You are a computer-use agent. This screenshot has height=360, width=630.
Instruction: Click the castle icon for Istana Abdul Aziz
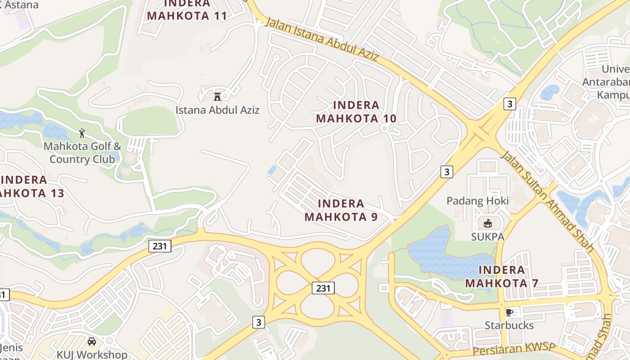pyautogui.click(x=217, y=96)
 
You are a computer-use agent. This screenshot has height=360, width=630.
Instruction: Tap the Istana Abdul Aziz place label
pyautogui.click(x=217, y=110)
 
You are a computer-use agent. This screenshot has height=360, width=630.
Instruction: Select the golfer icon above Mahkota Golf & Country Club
pyautogui.click(x=82, y=133)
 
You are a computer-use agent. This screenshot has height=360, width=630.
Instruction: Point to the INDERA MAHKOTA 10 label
pyautogui.click(x=356, y=112)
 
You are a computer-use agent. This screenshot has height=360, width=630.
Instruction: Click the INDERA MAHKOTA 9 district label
pyautogui.click(x=341, y=210)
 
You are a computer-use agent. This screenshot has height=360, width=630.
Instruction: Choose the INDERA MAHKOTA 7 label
pyautogui.click(x=502, y=276)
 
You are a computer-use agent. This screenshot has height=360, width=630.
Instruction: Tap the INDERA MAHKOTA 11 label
pyautogui.click(x=187, y=10)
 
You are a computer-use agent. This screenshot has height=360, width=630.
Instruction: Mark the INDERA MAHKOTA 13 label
pyautogui.click(x=30, y=187)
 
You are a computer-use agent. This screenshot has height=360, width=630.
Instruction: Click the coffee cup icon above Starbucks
pyautogui.click(x=509, y=312)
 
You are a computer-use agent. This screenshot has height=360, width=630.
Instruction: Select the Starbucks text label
pyautogui.click(x=509, y=325)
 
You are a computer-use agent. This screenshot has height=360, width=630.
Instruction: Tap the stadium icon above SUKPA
pyautogui.click(x=487, y=223)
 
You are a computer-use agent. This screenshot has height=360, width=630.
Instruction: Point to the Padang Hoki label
pyautogui.click(x=477, y=201)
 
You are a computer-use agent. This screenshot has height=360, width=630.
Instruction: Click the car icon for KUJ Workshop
pyautogui.click(x=92, y=342)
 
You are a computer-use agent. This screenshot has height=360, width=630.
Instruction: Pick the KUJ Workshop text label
pyautogui.click(x=92, y=355)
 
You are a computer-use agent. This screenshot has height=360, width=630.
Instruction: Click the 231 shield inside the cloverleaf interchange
pyautogui.click(x=323, y=288)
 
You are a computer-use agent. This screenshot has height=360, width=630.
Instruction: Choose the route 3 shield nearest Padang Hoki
pyautogui.click(x=446, y=171)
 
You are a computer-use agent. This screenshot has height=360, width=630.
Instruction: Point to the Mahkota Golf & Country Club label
pyautogui.click(x=82, y=153)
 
